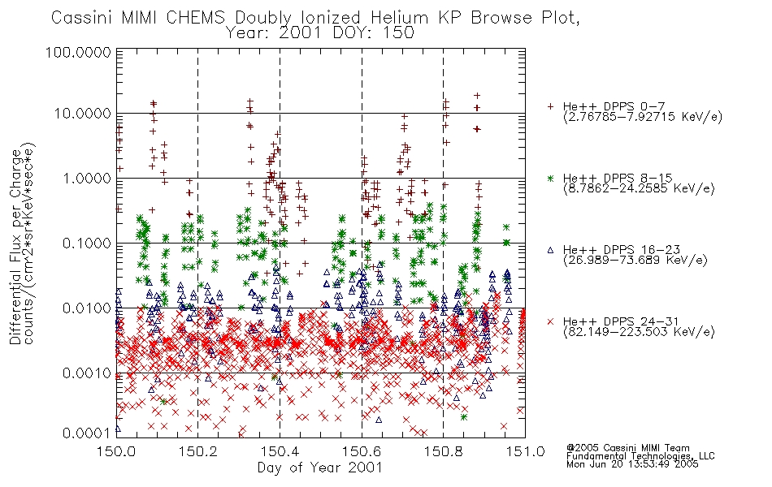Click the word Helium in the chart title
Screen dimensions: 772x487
tap(399, 18)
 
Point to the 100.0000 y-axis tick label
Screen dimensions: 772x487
tap(78, 52)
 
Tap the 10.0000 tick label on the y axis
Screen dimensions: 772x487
tap(82, 114)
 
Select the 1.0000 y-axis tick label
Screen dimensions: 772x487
tap(87, 178)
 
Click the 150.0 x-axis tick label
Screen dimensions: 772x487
tap(116, 451)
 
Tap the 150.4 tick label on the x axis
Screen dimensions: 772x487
tap(280, 451)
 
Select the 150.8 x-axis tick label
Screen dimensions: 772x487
tap(443, 451)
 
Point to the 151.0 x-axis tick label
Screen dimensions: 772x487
tap(525, 451)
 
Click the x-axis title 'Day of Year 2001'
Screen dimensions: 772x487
tap(319, 468)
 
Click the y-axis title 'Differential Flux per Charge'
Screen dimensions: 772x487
tap(15, 247)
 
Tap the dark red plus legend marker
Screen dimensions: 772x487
tap(550, 106)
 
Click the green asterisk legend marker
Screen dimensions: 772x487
tap(550, 178)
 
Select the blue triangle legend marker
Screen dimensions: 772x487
tap(550, 250)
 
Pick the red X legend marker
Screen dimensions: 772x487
tap(550, 321)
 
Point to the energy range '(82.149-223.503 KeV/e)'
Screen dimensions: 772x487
tap(639, 332)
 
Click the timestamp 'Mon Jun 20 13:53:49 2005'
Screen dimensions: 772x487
tap(632, 463)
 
